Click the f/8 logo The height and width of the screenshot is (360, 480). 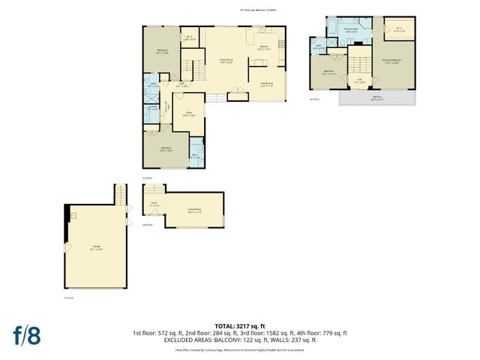[25, 335]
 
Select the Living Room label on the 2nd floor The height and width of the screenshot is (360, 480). [195, 211]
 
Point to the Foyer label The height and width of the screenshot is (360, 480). [153, 203]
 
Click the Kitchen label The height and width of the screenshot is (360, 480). [263, 48]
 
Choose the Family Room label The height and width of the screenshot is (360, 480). [226, 60]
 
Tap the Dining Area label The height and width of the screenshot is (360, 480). [266, 84]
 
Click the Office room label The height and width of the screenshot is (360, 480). [189, 114]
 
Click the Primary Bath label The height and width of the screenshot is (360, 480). [350, 31]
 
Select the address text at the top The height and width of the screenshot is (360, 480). [239, 10]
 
